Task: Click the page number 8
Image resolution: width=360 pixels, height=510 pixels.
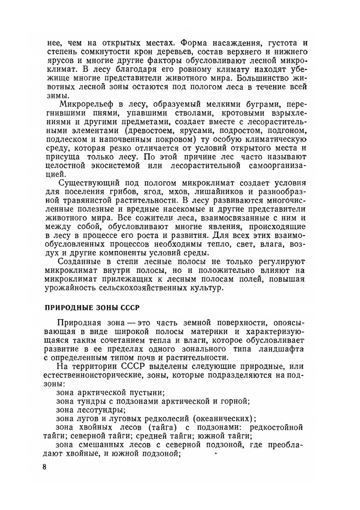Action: [45, 467]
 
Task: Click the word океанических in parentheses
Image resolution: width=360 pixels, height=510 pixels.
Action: [222, 419]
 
